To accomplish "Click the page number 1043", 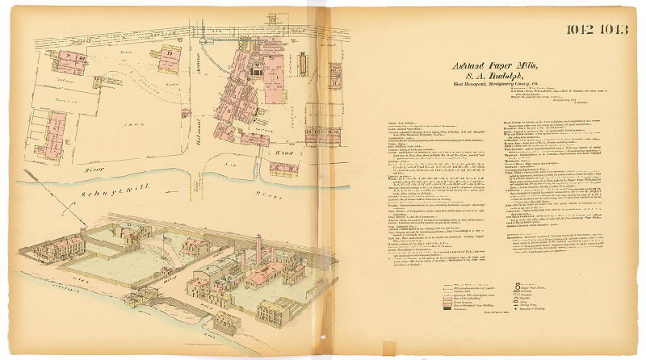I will click(x=612, y=31).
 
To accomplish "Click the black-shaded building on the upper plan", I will click(x=255, y=71).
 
